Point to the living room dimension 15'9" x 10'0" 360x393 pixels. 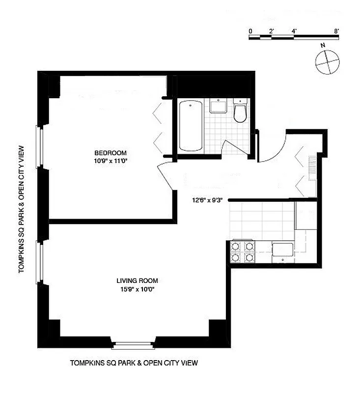coord(138,289)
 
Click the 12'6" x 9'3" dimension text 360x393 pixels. coord(208,200)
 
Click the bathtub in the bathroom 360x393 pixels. coord(191,126)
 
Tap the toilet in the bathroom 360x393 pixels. coord(240,112)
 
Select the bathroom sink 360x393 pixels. coord(217,106)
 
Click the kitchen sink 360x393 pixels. coord(282,250)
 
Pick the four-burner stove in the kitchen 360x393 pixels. coord(243,251)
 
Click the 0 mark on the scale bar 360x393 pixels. coord(250,31)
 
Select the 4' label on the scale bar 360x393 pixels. coord(294,31)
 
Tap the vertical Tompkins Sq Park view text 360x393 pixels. coord(22,205)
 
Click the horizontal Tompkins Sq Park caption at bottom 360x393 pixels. coord(134,364)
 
